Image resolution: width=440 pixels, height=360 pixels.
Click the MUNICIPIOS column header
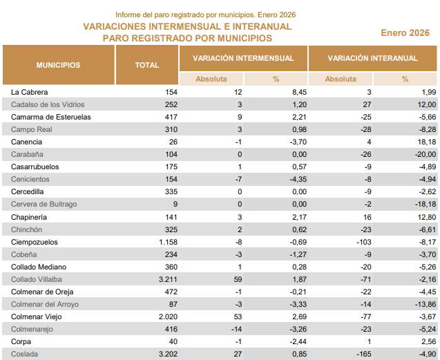58,65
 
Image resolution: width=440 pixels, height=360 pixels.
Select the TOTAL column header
146,65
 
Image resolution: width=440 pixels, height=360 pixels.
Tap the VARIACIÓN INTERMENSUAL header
243,58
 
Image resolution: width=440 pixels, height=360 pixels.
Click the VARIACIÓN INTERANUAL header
372,58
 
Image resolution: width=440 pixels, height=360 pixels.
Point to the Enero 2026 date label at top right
405,32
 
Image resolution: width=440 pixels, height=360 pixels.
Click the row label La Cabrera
30,92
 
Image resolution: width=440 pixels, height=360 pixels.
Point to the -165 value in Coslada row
365,354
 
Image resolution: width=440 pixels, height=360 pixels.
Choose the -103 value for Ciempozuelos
365,242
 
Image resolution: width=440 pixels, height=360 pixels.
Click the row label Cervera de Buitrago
44,205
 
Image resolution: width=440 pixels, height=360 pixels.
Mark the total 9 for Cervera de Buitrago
175,205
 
